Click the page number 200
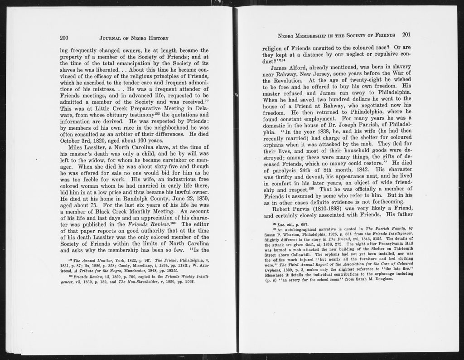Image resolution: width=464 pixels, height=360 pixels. [x=64, y=38]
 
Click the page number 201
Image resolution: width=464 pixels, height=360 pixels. [x=406, y=34]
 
